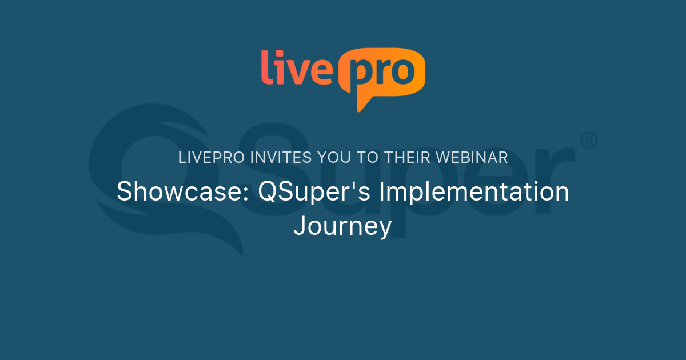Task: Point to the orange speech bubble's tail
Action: (363, 103)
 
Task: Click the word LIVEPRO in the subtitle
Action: (212, 158)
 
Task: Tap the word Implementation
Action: (474, 192)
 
